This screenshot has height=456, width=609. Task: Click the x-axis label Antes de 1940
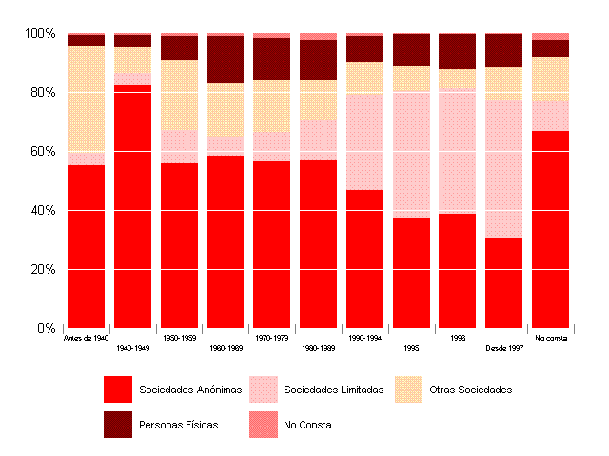86,337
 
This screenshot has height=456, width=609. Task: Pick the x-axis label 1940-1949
132,348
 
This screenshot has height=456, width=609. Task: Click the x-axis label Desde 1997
503,348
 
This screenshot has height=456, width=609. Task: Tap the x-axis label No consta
550,337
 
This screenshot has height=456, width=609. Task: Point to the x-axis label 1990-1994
364,337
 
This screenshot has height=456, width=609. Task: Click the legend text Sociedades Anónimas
190,389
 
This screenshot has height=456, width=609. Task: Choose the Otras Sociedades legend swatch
409,389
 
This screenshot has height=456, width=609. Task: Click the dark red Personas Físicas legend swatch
117,425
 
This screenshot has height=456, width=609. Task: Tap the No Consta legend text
307,425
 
